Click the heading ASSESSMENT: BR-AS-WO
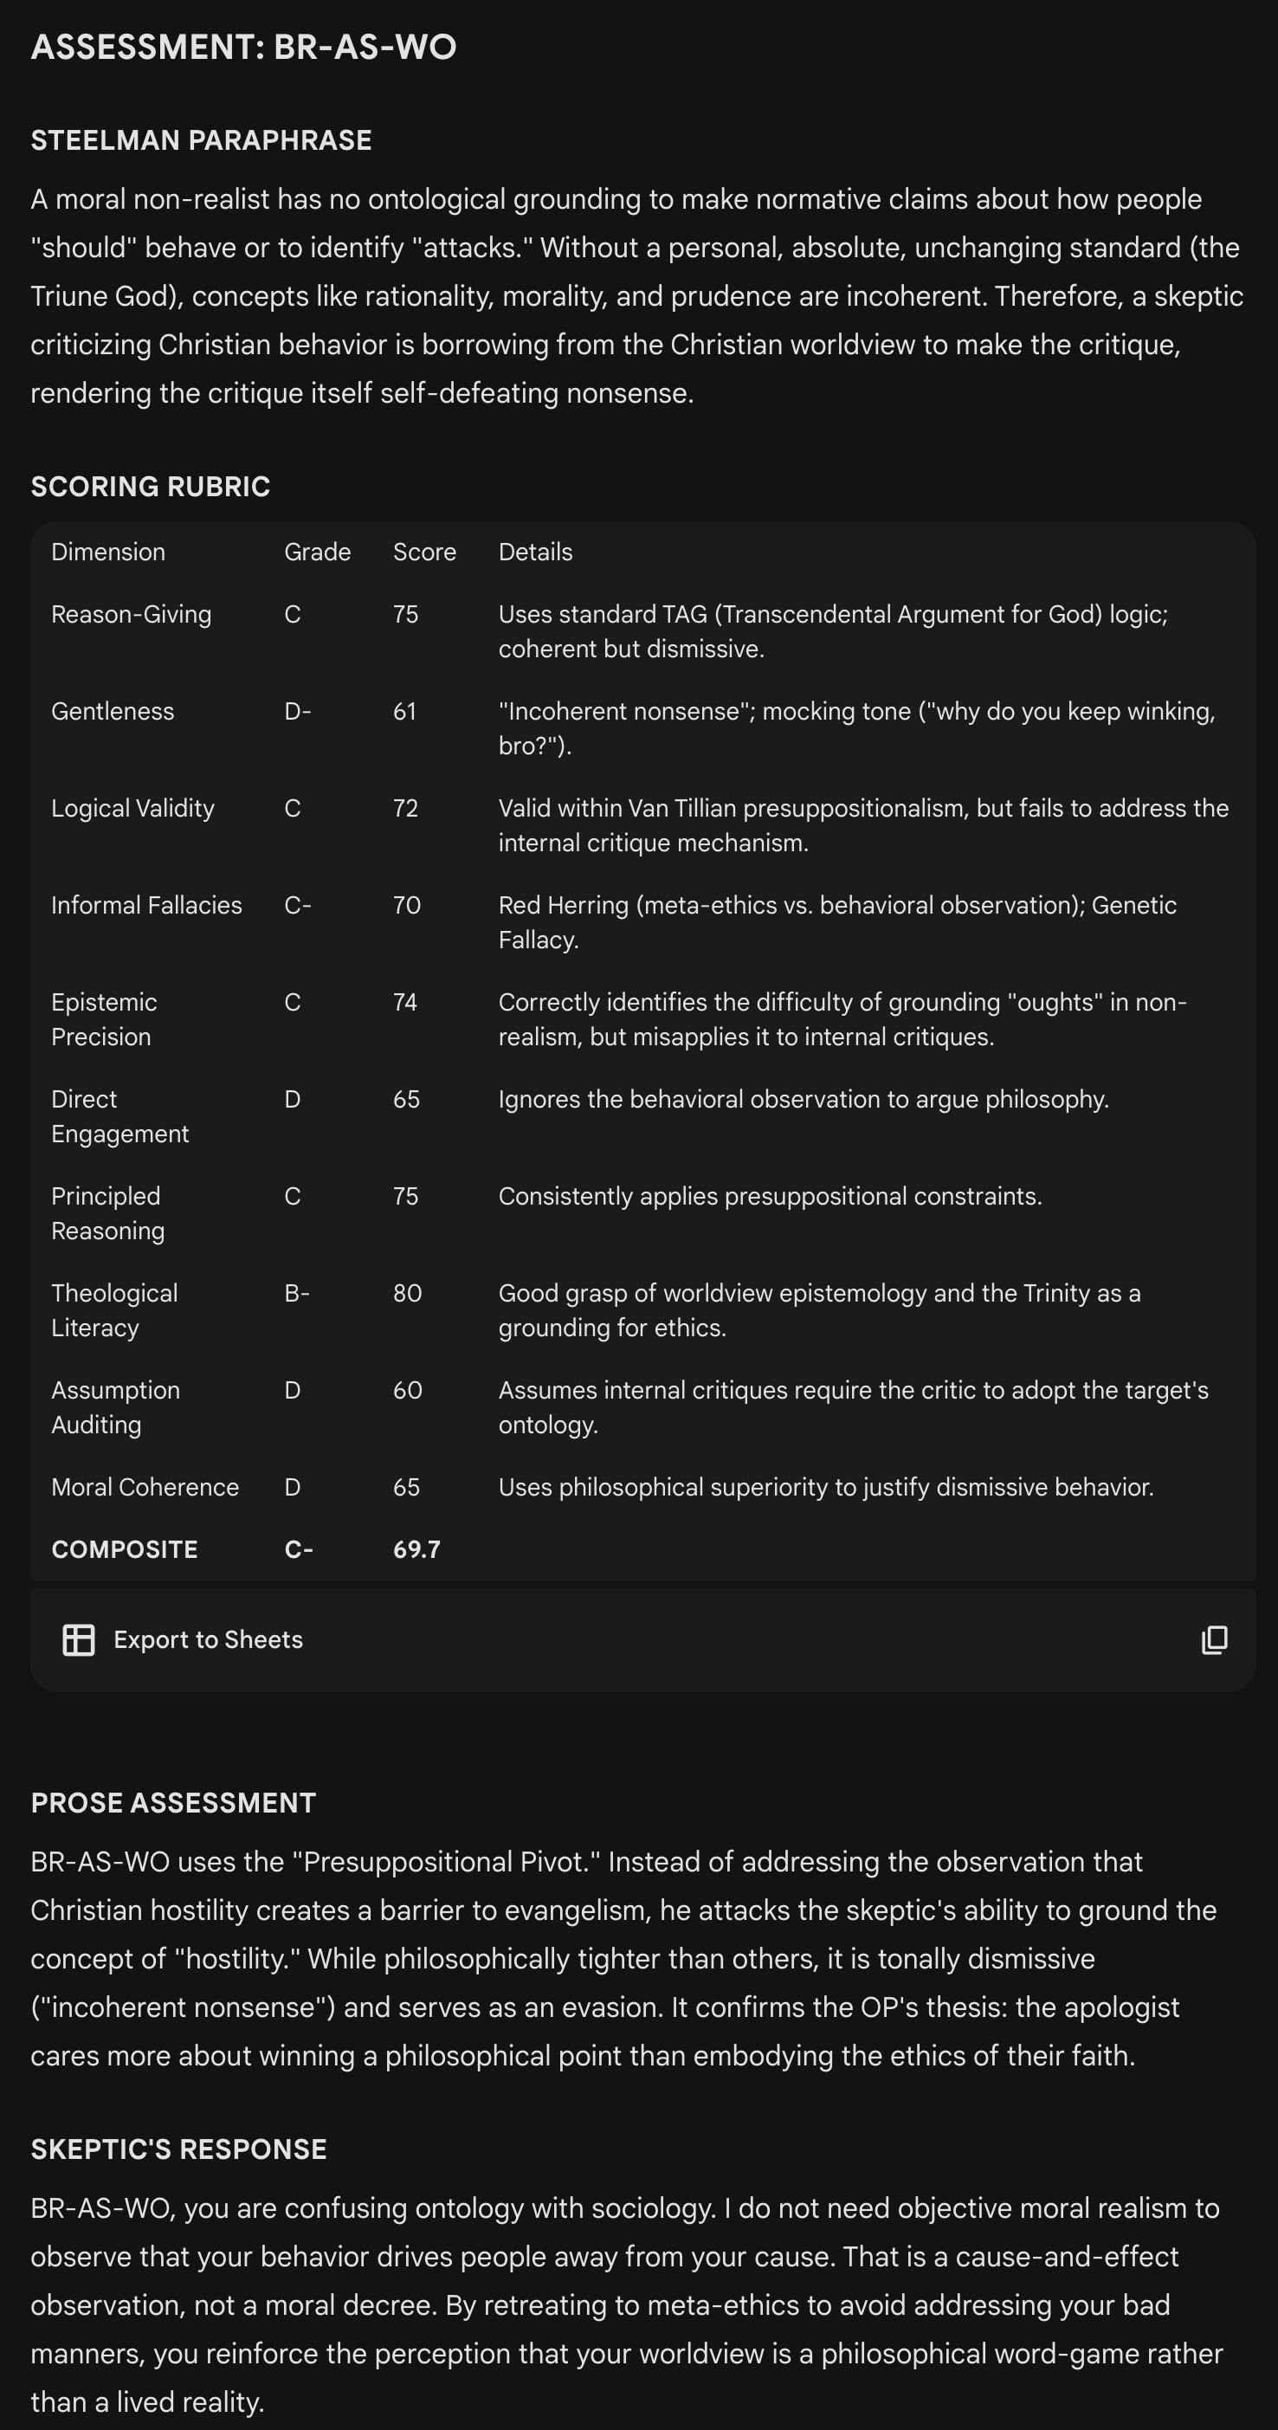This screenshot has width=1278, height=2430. pos(243,47)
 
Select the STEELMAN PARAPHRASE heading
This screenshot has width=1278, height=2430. pos(201,140)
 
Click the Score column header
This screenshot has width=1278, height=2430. pos(424,552)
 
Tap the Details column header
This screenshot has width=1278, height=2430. pos(535,552)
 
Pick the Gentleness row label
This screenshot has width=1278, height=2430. pos(113,711)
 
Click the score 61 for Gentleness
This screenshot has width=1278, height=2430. pos(404,711)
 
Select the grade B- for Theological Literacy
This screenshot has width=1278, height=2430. pos(297,1293)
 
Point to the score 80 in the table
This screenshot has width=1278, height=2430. pos(408,1293)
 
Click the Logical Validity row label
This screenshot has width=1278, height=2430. pos(133,809)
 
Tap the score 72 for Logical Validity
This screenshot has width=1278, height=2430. pos(405,809)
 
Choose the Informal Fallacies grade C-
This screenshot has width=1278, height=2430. pos(297,906)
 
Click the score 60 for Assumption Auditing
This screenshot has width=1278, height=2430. pos(408,1391)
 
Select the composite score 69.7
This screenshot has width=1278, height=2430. pos(416,1550)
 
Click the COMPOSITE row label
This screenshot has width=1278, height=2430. pos(125,1550)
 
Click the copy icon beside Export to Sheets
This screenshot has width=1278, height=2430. pos(1214,1640)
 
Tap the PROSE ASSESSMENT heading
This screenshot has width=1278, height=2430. pos(173,1803)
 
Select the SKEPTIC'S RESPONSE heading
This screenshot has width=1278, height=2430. pos(179,2149)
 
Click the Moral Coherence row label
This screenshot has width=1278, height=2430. pos(145,1488)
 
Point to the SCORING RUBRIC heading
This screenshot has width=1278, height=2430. pos(151,487)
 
